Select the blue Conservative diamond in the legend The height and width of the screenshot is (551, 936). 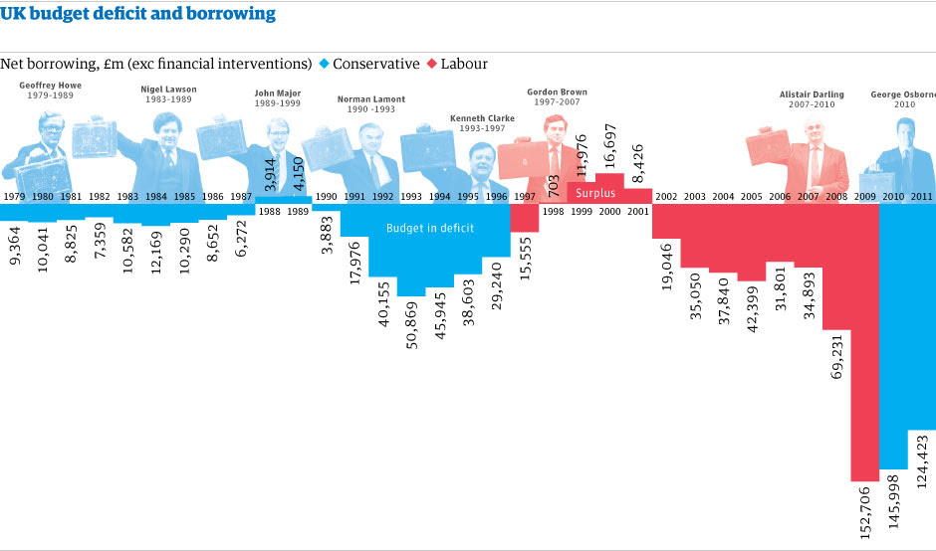pyautogui.click(x=323, y=64)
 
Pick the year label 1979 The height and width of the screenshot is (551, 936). pyautogui.click(x=14, y=197)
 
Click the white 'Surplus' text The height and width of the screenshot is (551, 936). pyautogui.click(x=595, y=193)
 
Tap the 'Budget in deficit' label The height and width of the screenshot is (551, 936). pyautogui.click(x=430, y=227)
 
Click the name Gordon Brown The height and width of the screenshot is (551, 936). pyautogui.click(x=557, y=92)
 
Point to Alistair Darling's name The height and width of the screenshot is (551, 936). pyautogui.click(x=811, y=95)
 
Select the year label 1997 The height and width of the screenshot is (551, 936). pyautogui.click(x=524, y=197)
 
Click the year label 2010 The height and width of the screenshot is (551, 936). pyautogui.click(x=893, y=197)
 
